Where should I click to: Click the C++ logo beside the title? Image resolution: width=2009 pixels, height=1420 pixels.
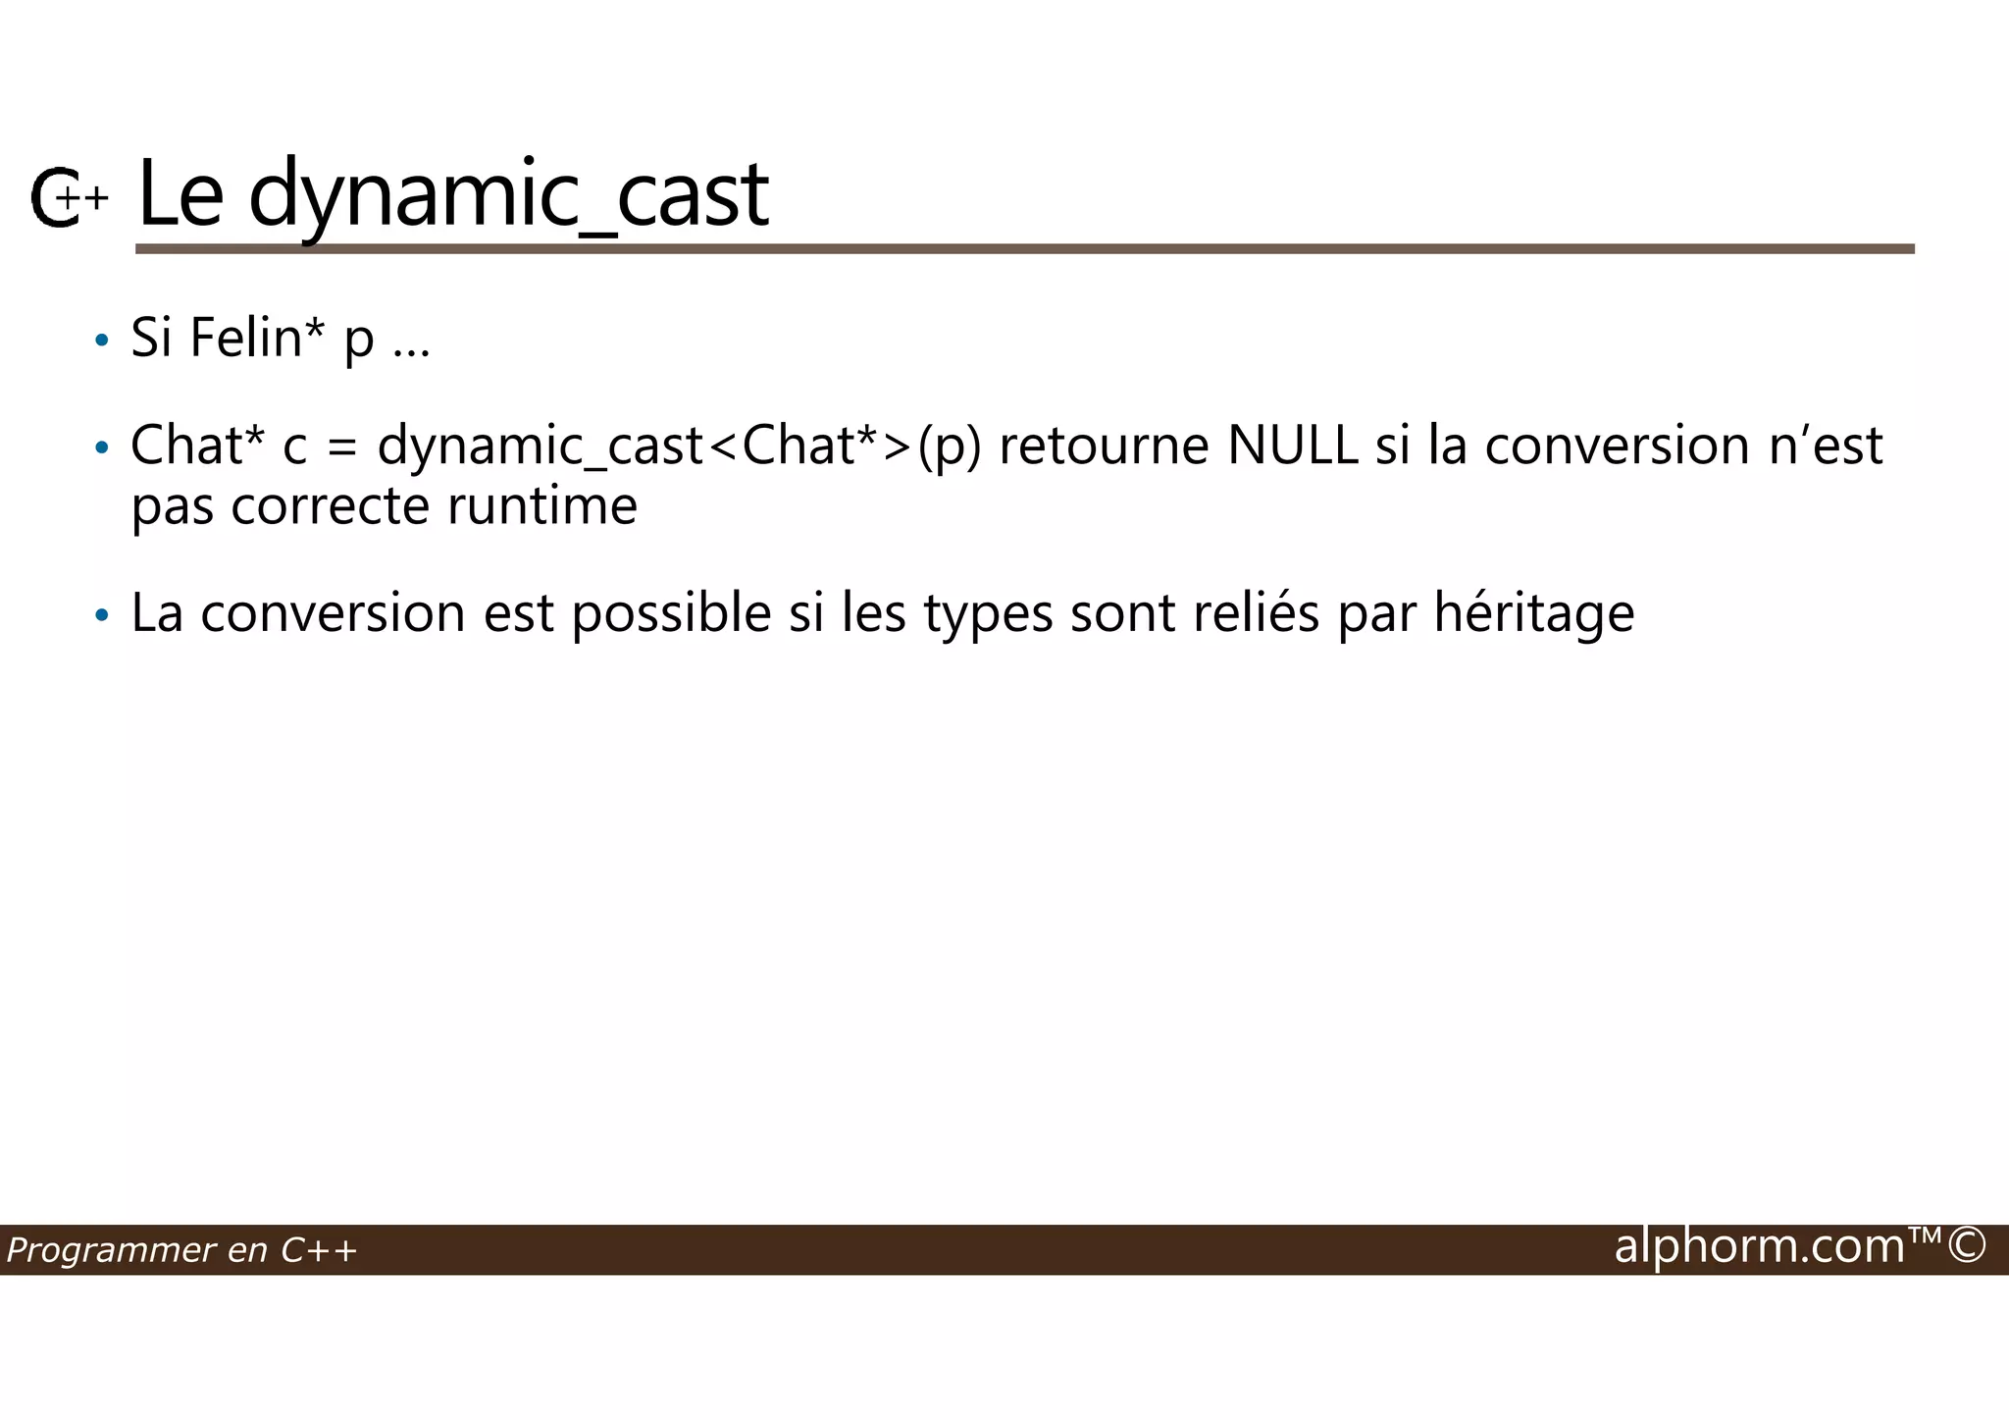click(67, 198)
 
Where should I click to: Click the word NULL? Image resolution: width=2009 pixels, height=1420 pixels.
click(1293, 446)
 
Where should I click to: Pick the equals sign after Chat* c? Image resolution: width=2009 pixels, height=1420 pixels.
click(341, 447)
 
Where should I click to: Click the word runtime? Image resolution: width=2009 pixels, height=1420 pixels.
click(542, 506)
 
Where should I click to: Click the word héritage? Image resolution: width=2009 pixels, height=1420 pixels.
click(1534, 614)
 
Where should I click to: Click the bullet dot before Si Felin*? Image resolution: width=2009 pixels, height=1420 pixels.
click(101, 342)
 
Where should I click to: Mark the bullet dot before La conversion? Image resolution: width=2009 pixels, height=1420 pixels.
click(101, 616)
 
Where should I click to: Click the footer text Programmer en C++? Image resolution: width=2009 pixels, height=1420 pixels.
click(181, 1250)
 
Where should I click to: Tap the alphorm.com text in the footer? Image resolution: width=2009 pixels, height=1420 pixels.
click(1760, 1246)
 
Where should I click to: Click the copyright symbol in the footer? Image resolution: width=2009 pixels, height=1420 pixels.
click(1967, 1246)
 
